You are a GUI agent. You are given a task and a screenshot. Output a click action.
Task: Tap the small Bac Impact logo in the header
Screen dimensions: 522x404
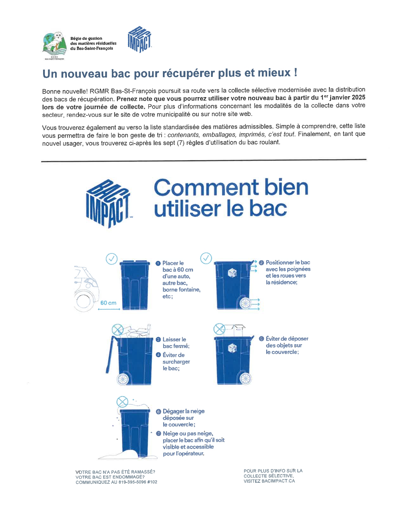pos(139,39)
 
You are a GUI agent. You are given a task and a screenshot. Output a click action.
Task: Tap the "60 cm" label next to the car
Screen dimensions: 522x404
pos(108,303)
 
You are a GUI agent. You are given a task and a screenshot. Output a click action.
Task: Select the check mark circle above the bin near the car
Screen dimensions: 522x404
pos(112,259)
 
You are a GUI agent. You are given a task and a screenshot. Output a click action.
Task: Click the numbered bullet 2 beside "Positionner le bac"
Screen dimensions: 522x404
pos(261,263)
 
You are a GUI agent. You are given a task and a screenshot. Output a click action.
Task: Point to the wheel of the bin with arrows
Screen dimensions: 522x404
pos(246,303)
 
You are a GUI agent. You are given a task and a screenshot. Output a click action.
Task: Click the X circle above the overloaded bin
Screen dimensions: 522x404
pos(118,330)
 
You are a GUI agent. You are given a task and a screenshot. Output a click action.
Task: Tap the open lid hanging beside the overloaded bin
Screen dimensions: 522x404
pos(110,354)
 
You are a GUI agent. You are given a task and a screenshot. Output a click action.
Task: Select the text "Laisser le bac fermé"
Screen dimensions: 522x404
pos(176,343)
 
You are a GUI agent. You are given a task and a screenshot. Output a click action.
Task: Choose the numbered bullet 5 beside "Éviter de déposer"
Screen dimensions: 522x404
pos(261,339)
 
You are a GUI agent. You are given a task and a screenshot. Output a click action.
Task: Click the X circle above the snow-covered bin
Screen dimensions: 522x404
pos(122,402)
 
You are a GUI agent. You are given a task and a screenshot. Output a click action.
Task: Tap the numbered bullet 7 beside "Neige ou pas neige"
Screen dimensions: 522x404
pos(158,433)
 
